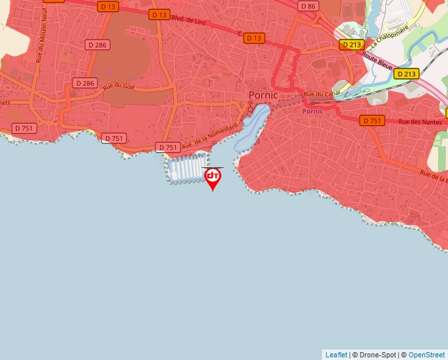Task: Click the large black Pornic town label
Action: (x=264, y=95)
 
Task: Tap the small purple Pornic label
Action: (x=312, y=111)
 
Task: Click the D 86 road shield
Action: (x=308, y=6)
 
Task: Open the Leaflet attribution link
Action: (x=336, y=355)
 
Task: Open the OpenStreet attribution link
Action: (x=426, y=355)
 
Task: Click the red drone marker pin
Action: (x=213, y=177)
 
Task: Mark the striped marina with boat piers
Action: (x=186, y=168)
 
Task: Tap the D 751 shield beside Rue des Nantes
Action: (x=372, y=120)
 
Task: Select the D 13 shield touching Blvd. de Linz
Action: (x=159, y=14)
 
